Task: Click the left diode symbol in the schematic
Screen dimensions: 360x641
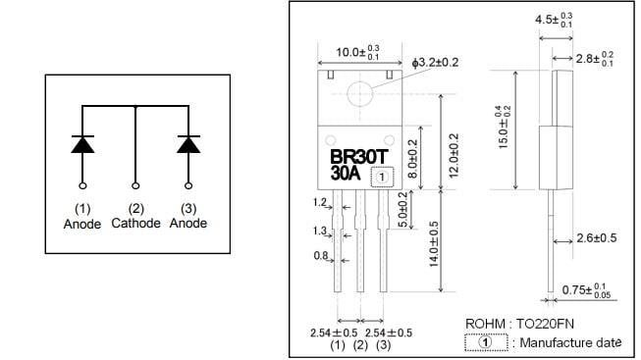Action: point(82,144)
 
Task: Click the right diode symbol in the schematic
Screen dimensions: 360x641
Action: point(187,144)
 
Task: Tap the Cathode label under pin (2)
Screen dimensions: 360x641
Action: point(135,224)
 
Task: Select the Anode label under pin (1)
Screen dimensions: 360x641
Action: point(82,224)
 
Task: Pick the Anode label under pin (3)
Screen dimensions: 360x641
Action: point(188,224)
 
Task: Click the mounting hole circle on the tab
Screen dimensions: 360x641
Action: point(360,94)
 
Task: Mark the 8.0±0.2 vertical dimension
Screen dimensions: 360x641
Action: point(412,157)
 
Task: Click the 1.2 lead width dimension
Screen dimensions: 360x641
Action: point(319,202)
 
